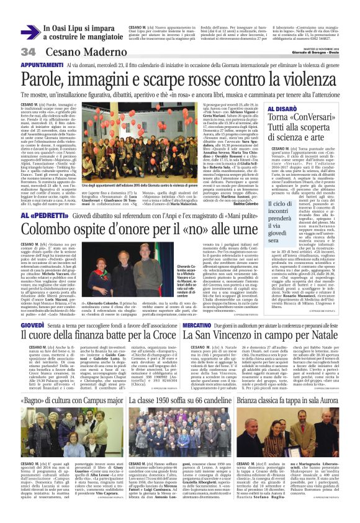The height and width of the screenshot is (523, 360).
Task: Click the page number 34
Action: click(28, 51)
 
